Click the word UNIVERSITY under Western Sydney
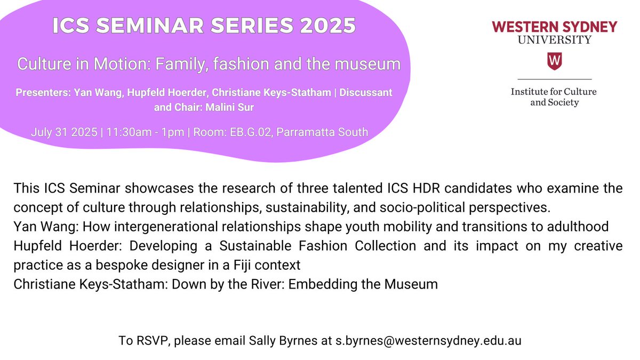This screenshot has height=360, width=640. (x=555, y=39)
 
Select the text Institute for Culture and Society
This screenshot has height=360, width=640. (x=554, y=97)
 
